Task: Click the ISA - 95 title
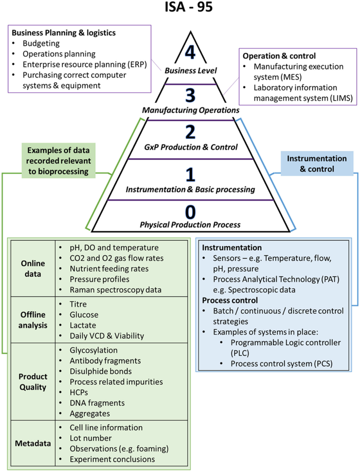click(x=189, y=7)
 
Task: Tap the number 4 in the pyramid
click(x=190, y=52)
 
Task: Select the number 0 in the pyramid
click(x=190, y=212)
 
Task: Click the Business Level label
click(x=190, y=71)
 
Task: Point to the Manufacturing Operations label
click(x=191, y=110)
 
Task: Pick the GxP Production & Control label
click(x=191, y=147)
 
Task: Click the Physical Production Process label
click(x=190, y=225)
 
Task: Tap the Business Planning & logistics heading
click(x=64, y=33)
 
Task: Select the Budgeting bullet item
click(x=41, y=43)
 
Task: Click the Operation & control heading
click(x=279, y=56)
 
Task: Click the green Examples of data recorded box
click(x=58, y=161)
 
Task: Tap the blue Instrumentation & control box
click(x=317, y=164)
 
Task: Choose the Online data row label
click(x=33, y=269)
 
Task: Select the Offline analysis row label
click(x=33, y=320)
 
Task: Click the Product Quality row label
click(x=33, y=382)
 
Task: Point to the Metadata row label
click(x=33, y=443)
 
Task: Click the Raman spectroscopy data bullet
click(x=115, y=290)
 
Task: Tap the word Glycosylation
click(x=93, y=350)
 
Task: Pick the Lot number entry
click(x=90, y=438)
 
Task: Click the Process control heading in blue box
click(x=230, y=300)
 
